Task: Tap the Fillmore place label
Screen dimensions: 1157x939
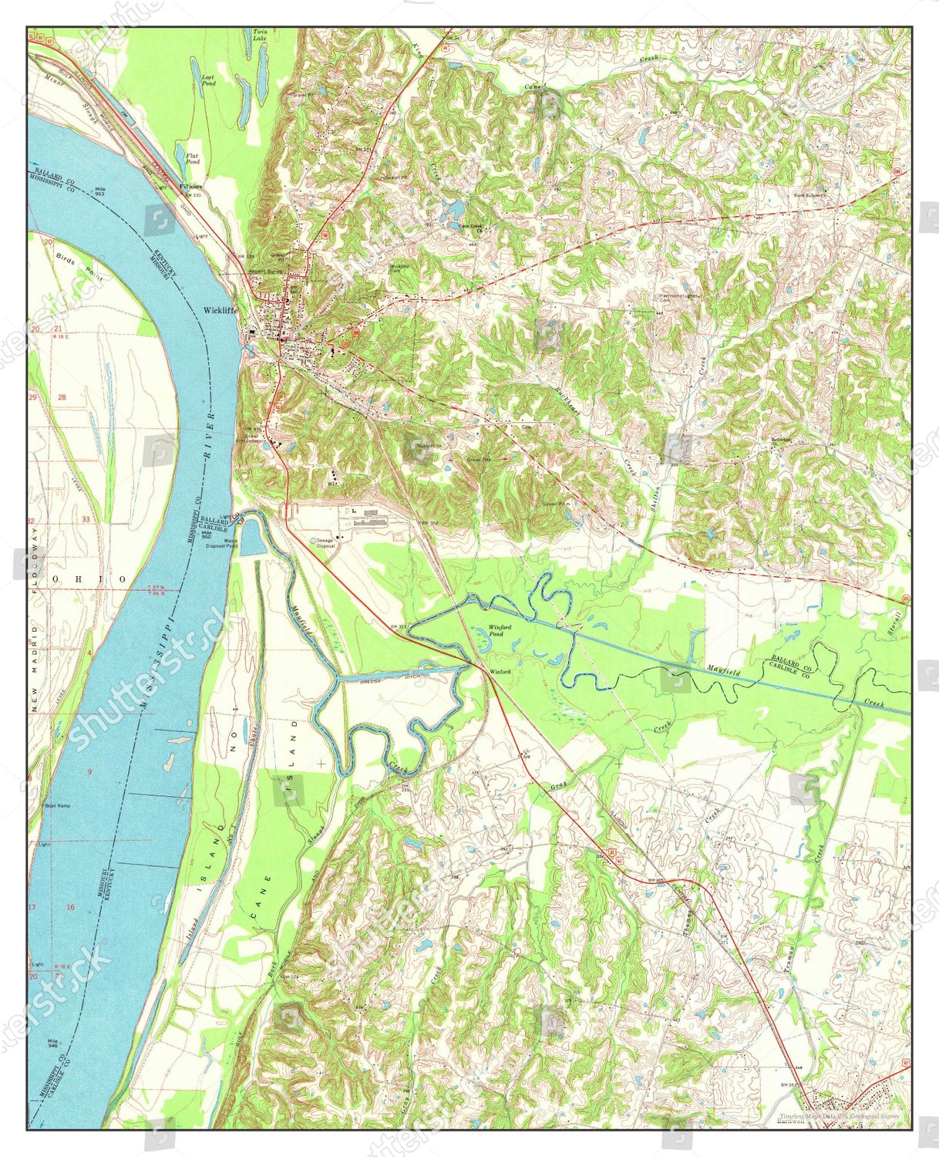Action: pyautogui.click(x=190, y=187)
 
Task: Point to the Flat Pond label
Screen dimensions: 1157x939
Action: pyautogui.click(x=193, y=159)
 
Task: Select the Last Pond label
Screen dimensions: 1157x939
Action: pyautogui.click(x=208, y=79)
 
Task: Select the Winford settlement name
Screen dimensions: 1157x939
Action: pyautogui.click(x=500, y=672)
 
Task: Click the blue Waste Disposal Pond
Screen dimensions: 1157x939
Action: pyautogui.click(x=251, y=538)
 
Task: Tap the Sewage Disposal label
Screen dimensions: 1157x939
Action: pyautogui.click(x=324, y=543)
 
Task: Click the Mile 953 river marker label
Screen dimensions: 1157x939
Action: pyautogui.click(x=99, y=192)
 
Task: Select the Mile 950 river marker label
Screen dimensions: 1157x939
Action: pyautogui.click(x=207, y=533)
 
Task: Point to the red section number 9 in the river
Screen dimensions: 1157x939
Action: pyautogui.click(x=90, y=772)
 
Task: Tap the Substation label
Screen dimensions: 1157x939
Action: pyautogui.click(x=429, y=445)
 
